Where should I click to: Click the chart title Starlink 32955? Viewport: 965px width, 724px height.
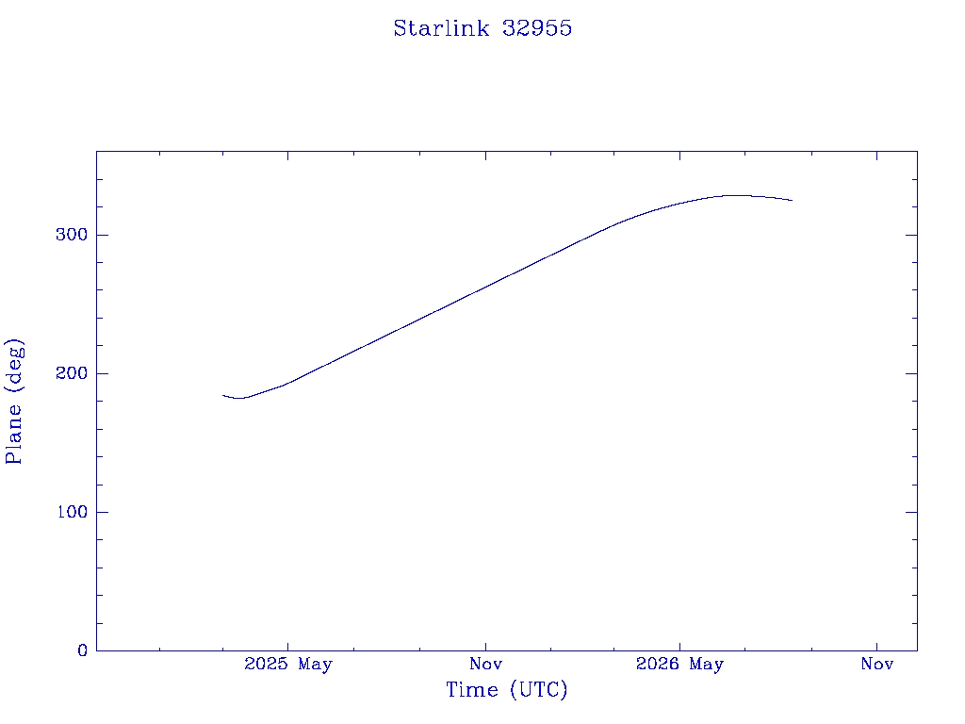[482, 28]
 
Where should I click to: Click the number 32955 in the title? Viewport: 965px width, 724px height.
[537, 28]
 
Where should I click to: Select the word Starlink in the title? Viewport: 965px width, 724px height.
[441, 28]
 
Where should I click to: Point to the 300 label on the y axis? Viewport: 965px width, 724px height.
[72, 235]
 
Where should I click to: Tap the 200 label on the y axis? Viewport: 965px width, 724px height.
[72, 373]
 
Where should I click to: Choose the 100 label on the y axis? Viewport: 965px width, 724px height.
[72, 512]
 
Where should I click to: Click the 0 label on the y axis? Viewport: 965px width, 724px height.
[83, 650]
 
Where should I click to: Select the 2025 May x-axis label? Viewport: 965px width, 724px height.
[288, 664]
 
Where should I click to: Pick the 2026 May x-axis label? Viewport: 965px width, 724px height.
[679, 664]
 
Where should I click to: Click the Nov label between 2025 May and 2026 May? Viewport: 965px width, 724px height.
[485, 664]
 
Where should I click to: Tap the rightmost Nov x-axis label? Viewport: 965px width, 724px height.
[877, 664]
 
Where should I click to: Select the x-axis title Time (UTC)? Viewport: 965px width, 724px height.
[506, 689]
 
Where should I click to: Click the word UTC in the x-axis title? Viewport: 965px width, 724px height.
[538, 689]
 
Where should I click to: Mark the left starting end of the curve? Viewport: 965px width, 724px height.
[222, 395]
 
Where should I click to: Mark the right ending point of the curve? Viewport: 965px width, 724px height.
[792, 200]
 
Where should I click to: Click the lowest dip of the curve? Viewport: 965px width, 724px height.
[239, 399]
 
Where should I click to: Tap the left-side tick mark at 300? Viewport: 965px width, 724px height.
[102, 235]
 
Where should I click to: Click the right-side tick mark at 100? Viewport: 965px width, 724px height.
[911, 512]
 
